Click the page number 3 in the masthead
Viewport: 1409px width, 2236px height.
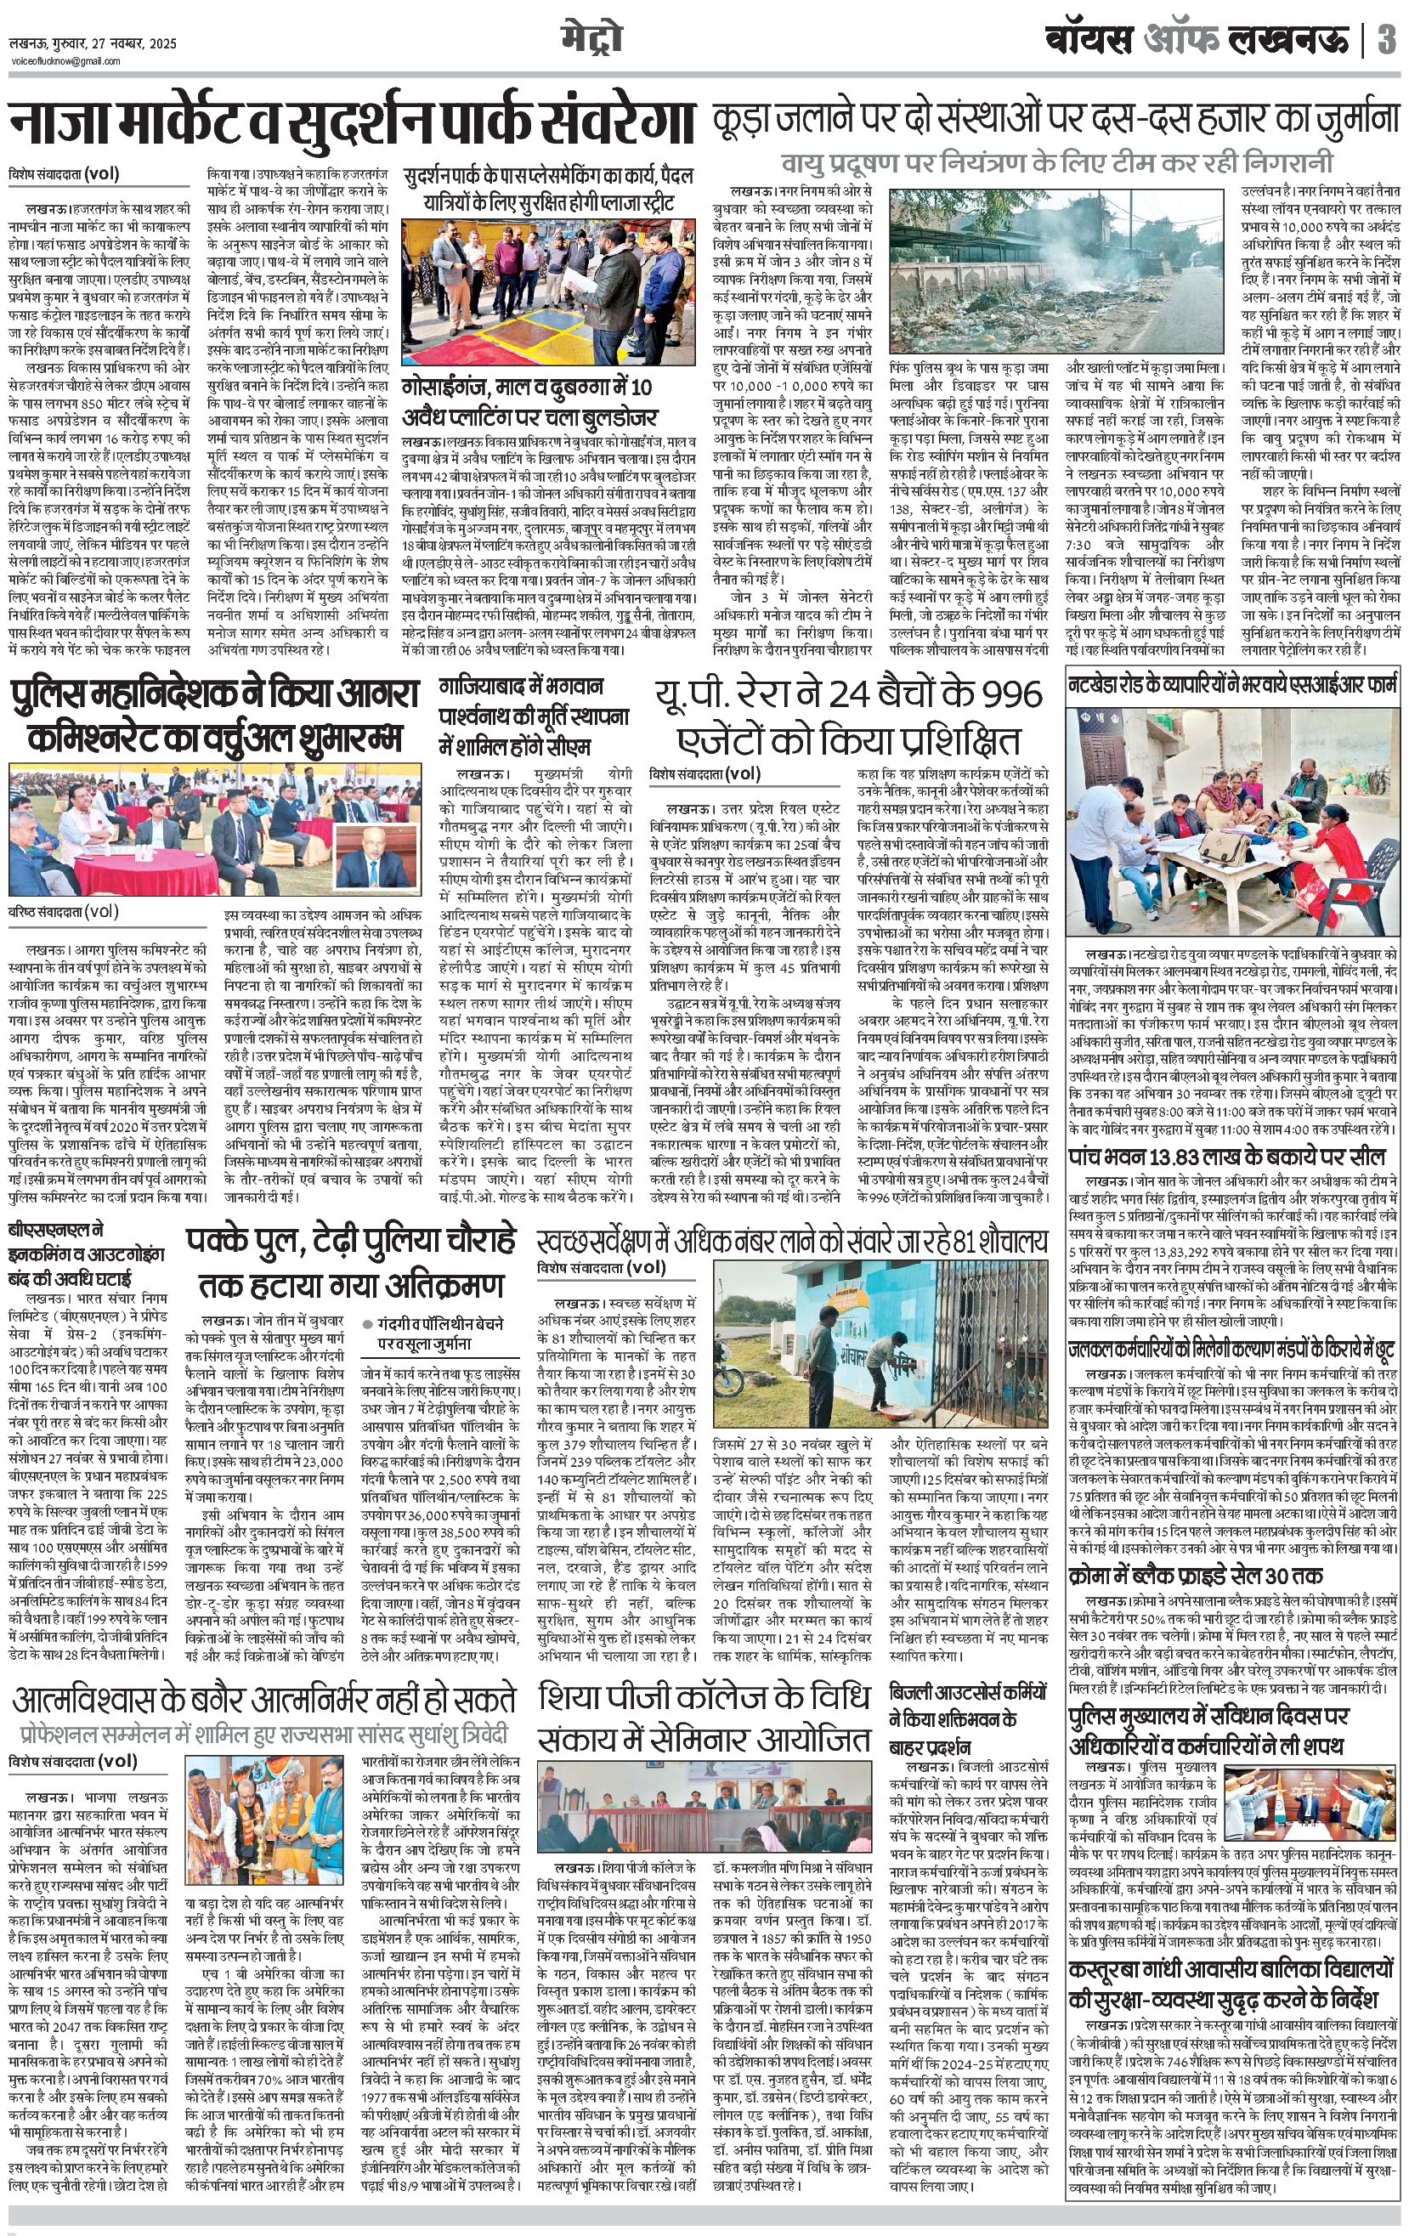coord(1386,41)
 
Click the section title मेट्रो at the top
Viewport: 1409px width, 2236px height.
coord(591,38)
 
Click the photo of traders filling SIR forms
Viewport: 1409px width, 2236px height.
coord(1232,817)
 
